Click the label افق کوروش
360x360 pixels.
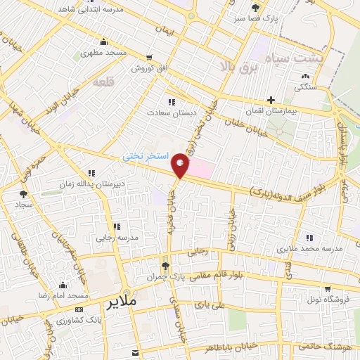tap(149, 69)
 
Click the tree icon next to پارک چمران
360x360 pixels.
tap(165, 266)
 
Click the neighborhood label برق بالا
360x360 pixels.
tap(235, 67)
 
